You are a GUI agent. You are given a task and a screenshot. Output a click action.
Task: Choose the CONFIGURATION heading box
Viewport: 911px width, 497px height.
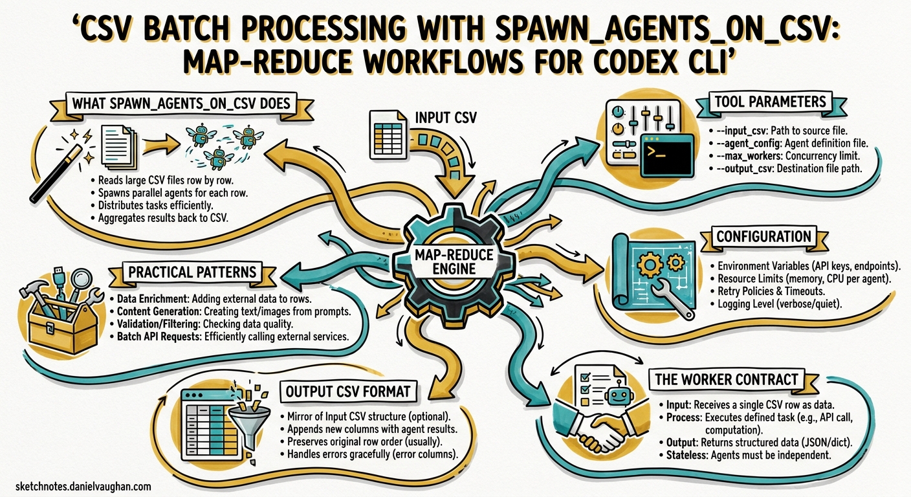pos(763,236)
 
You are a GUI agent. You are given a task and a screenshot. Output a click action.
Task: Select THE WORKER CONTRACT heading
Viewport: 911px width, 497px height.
pos(726,379)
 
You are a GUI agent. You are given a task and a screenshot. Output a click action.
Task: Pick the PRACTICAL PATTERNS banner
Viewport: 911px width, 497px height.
pos(192,272)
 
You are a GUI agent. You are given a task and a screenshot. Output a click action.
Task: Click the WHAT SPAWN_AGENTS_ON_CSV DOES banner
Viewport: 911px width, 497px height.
pos(181,103)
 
